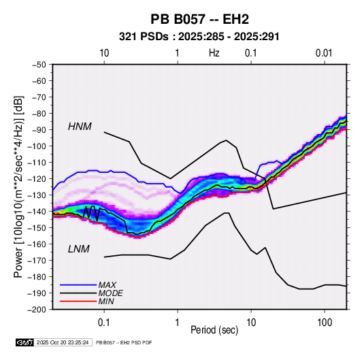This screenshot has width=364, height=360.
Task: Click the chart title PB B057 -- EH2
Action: (199, 19)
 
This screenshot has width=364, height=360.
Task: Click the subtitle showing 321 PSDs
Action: (199, 37)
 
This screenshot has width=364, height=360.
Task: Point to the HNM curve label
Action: (80, 127)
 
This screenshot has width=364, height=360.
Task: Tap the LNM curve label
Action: (78, 249)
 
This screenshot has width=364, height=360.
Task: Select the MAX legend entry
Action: (107, 284)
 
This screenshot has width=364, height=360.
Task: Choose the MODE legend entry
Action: (110, 293)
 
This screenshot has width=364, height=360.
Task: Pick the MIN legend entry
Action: (106, 301)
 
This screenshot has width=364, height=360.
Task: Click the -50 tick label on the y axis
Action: (39, 65)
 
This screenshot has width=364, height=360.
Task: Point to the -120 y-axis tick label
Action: (37, 179)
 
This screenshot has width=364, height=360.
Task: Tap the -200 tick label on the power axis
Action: (37, 310)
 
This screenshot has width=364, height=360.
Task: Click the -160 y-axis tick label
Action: (37, 244)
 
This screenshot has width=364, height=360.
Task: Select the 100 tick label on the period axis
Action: (325, 323)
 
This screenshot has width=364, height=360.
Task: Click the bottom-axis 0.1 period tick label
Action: (104, 323)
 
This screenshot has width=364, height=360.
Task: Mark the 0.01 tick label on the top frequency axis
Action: (324, 53)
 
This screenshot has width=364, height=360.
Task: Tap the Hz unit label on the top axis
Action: (214, 53)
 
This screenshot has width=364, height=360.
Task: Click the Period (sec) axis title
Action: (214, 330)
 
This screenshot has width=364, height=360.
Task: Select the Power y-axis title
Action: (18, 187)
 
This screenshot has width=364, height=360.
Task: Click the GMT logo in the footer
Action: (24, 342)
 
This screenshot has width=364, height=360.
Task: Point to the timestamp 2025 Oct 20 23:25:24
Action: (63, 342)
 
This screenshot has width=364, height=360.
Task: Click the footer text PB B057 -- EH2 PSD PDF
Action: (124, 342)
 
